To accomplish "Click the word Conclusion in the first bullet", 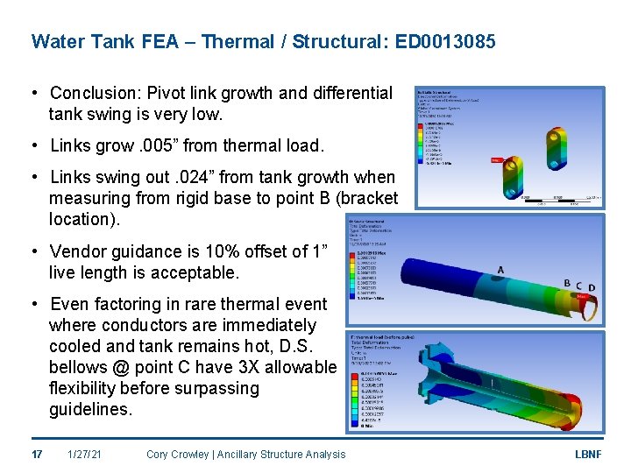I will [90, 93].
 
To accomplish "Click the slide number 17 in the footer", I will [37, 454].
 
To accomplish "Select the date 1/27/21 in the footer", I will [85, 454].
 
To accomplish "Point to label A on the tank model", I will [500, 269].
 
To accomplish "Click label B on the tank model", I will [567, 283].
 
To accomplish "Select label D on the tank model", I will [592, 287].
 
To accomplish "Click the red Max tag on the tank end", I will [583, 297].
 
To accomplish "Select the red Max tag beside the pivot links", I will [495, 160].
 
